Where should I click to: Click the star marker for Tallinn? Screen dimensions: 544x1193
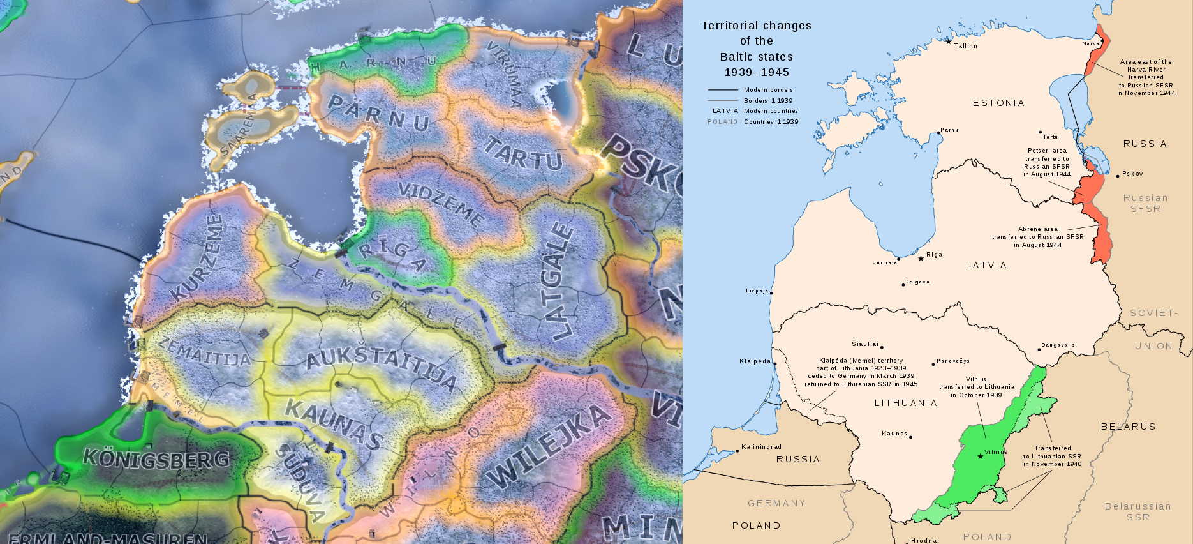(x=948, y=42)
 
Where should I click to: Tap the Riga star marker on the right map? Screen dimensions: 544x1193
(x=921, y=259)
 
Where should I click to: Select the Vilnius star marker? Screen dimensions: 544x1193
(x=980, y=456)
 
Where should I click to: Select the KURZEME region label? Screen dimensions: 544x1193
(x=199, y=257)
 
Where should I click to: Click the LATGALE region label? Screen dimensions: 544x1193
(x=556, y=281)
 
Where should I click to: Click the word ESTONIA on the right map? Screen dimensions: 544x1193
(x=998, y=103)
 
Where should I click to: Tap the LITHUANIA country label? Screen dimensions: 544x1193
(x=905, y=403)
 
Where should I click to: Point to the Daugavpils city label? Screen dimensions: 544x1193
(x=1058, y=345)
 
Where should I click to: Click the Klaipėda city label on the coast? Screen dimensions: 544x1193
(x=755, y=361)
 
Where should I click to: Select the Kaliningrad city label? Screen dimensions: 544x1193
(x=761, y=447)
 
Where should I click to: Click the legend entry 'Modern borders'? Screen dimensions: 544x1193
(x=768, y=90)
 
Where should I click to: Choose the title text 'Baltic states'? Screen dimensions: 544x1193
(x=756, y=57)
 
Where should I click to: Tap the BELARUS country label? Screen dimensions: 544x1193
(x=1128, y=427)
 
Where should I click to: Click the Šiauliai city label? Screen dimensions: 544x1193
(x=865, y=344)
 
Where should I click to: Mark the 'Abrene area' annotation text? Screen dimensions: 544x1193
(x=1037, y=229)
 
